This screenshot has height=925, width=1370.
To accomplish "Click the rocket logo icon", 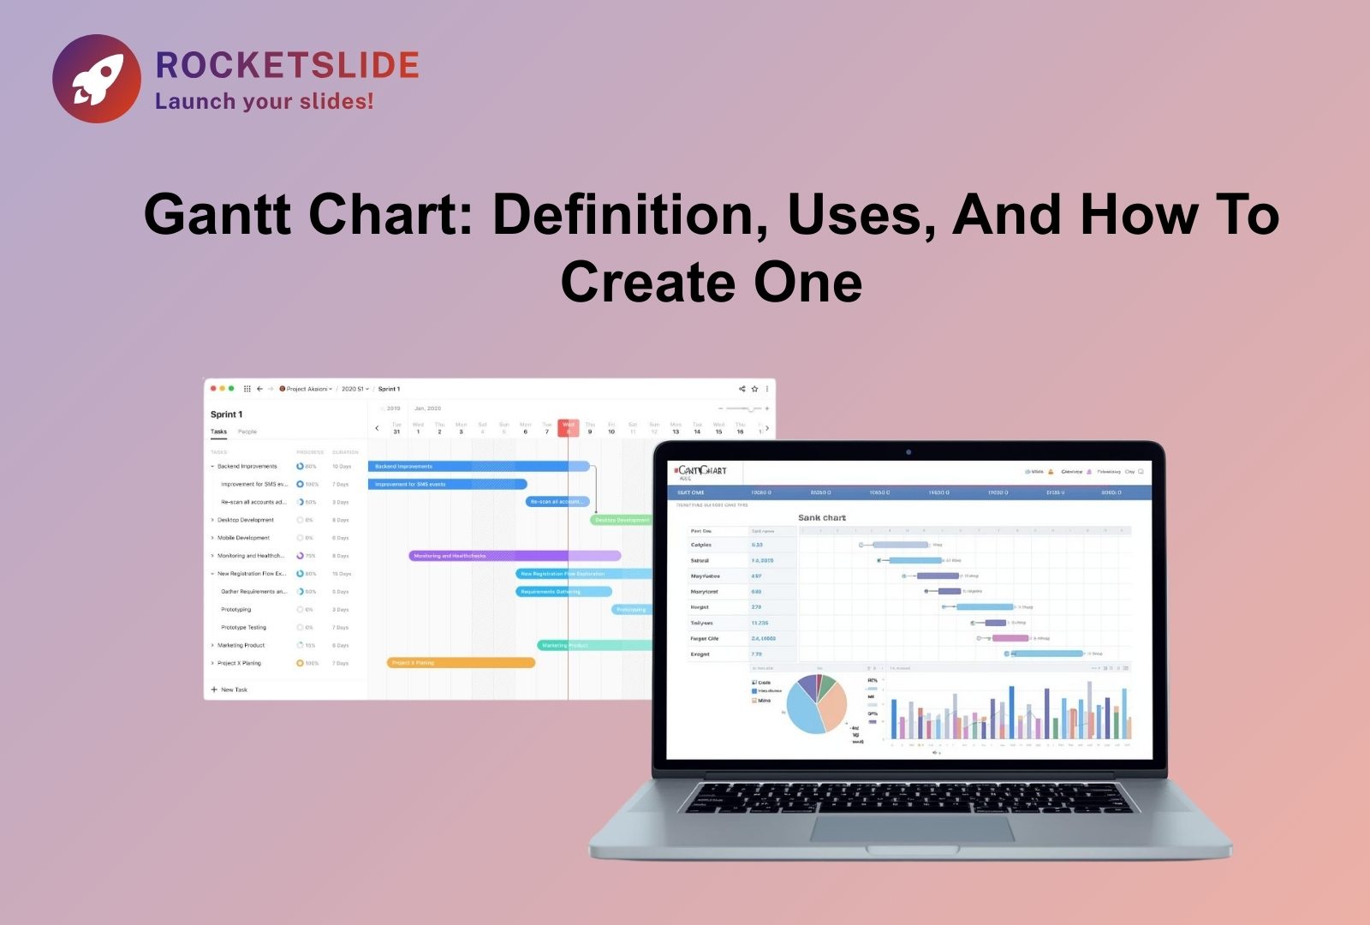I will pyautogui.click(x=97, y=79).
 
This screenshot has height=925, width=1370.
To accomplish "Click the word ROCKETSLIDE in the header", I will pyautogui.click(x=287, y=65).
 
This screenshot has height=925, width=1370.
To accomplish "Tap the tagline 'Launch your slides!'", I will pyautogui.click(x=264, y=101).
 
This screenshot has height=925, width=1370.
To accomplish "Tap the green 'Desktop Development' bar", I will pyautogui.click(x=621, y=520).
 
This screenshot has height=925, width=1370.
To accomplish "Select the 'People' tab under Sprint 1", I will pyautogui.click(x=247, y=432).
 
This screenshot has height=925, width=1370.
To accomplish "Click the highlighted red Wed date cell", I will pyautogui.click(x=569, y=427).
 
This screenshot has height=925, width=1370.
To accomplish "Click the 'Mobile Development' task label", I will pyautogui.click(x=243, y=538).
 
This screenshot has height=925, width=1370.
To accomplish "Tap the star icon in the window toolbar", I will pyautogui.click(x=754, y=389).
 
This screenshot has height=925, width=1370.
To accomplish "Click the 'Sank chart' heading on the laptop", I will pyautogui.click(x=822, y=518).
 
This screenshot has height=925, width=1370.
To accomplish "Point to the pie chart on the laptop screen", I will pyautogui.click(x=816, y=704).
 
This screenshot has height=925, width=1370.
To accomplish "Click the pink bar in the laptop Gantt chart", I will pyautogui.click(x=1010, y=638).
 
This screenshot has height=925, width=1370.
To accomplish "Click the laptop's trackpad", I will pyautogui.click(x=911, y=828).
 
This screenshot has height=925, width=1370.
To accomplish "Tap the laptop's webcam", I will pyautogui.click(x=908, y=452).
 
